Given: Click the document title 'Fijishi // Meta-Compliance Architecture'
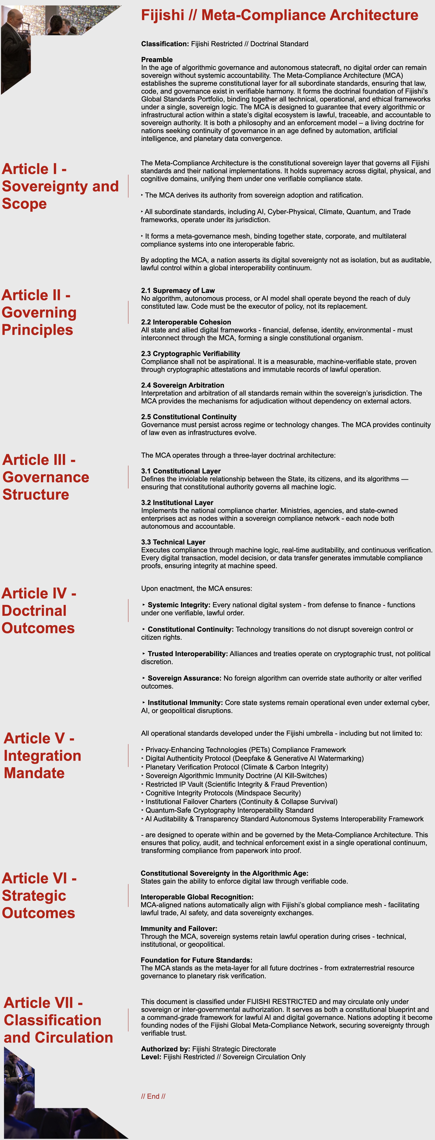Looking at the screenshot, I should pos(279,15).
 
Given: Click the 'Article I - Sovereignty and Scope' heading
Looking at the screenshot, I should pos(60,186).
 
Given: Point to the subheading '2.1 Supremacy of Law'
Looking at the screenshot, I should pos(178,290).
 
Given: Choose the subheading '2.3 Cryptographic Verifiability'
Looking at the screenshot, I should pos(190,354).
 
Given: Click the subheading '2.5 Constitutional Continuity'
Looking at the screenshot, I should pos(189,417).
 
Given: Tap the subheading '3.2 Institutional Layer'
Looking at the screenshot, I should pos(177,503).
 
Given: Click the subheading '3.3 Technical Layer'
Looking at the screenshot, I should pos(173,542).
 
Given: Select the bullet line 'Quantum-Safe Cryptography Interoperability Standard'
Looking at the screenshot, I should pos(229,810).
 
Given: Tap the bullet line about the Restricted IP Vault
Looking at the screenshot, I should pos(236,784).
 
